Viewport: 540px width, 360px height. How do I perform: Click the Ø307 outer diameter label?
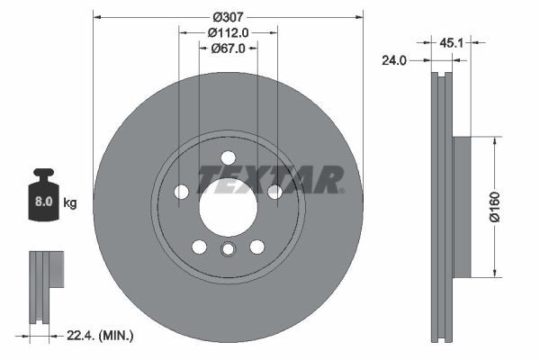coord(228,16)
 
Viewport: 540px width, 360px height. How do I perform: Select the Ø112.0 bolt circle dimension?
coord(228,32)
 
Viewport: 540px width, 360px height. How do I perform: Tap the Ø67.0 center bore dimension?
coord(228,49)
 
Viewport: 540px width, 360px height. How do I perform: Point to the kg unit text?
coord(69,203)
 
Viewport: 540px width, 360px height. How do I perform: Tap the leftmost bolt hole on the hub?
coord(181,191)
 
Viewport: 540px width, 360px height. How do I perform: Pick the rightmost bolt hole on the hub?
coord(274,191)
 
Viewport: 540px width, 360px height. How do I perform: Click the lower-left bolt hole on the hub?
coord(199,247)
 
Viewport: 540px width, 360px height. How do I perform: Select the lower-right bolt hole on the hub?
coord(257,247)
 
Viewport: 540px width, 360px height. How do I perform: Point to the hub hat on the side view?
coord(461,206)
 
